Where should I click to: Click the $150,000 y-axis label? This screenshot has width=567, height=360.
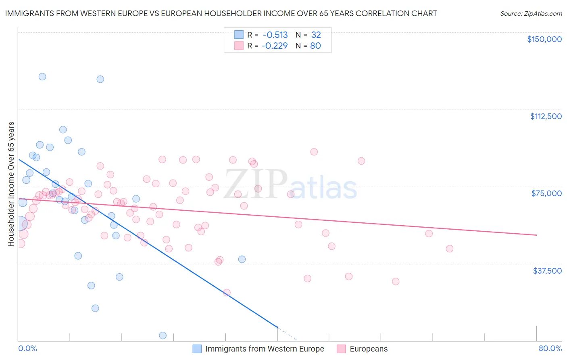[544, 39]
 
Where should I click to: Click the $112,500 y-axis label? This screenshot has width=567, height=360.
[546, 116]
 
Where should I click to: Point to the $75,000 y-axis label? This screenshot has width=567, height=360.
[546, 193]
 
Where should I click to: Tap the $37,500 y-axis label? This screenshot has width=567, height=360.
[547, 271]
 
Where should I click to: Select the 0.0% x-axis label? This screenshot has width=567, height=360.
[28, 348]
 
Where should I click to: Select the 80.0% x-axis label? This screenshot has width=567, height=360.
[550, 348]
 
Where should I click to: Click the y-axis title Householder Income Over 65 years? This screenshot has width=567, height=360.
[11, 184]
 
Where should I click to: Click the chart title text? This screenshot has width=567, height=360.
[221, 14]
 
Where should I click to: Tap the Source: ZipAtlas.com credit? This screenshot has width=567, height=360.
[531, 14]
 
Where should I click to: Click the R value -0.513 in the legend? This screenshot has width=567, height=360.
[275, 35]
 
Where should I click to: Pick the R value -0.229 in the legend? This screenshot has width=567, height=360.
[275, 46]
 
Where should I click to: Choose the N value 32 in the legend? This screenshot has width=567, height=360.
[316, 35]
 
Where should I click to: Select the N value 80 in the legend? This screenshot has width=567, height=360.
[315, 46]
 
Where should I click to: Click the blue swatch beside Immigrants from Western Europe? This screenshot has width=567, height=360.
[197, 349]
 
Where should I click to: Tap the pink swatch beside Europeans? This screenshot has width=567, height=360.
[341, 349]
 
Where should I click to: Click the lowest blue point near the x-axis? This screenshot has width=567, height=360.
[163, 335]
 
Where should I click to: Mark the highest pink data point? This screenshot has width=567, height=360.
[314, 152]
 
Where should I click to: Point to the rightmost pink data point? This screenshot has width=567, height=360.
[450, 249]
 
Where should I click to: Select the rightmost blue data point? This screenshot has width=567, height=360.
[242, 259]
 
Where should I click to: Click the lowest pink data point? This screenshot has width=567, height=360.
[227, 293]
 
